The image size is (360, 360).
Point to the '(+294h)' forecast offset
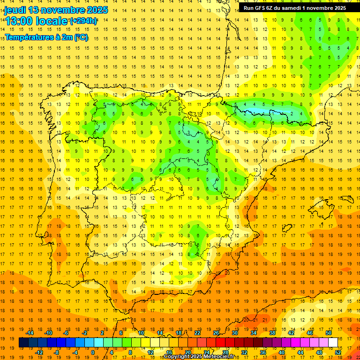[x=83, y=21]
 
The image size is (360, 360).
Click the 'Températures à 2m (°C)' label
[x=46, y=37]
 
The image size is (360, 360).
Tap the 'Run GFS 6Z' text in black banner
[x=261, y=8]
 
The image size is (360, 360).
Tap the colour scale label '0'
[x=92, y=352]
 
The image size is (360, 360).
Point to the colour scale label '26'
[x=216, y=332]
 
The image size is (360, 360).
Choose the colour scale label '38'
[x=272, y=332]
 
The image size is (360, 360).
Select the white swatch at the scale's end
[x=333, y=343]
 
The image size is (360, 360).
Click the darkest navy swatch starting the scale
[x=23, y=343]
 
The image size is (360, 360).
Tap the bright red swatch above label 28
[x=225, y=343]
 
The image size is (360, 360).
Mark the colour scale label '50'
[x=329, y=332]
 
